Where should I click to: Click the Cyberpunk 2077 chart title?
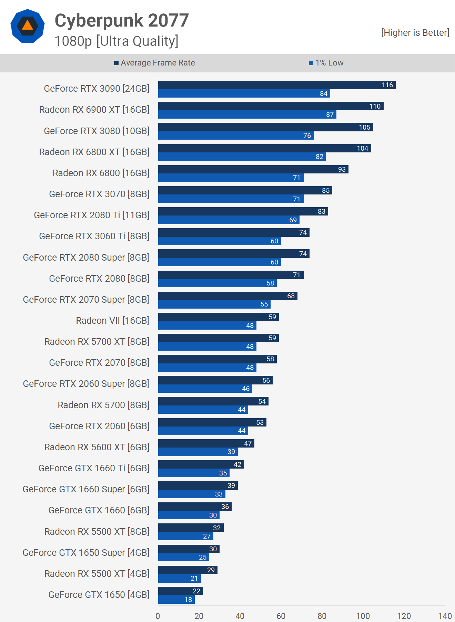point(122,20)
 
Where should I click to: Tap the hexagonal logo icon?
point(28,26)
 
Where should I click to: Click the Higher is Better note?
point(415,33)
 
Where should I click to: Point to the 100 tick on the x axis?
point(363,616)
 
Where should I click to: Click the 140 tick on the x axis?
point(445,616)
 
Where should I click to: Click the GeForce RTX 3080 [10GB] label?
point(97,131)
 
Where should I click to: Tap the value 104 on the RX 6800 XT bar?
point(362,148)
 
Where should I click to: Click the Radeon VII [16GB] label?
point(112,321)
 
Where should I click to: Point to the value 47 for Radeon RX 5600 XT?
point(247,443)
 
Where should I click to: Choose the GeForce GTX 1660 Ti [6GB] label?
point(94,468)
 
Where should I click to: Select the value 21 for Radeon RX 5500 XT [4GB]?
point(194,578)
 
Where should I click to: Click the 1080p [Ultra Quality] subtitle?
point(117,41)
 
